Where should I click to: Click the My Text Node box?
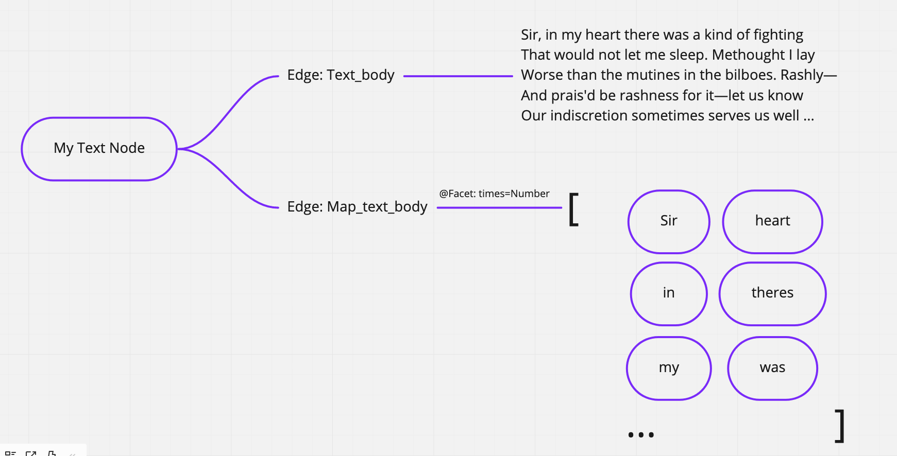(x=99, y=149)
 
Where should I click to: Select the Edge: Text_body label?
(x=341, y=75)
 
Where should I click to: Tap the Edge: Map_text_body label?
(x=357, y=207)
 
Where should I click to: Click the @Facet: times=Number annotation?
(x=494, y=194)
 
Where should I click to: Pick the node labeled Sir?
(x=669, y=221)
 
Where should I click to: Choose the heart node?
(x=772, y=221)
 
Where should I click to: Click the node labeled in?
(x=669, y=293)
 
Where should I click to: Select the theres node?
(x=772, y=293)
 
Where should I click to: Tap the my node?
(x=669, y=368)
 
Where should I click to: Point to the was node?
(x=772, y=368)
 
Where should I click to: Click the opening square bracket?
(x=573, y=209)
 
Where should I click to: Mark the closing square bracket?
(x=840, y=426)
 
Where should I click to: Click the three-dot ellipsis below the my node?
(x=641, y=435)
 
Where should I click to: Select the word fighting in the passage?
(x=778, y=35)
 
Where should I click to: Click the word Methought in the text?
(x=749, y=55)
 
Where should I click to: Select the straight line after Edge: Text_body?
(x=458, y=76)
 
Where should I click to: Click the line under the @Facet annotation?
(x=499, y=207)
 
